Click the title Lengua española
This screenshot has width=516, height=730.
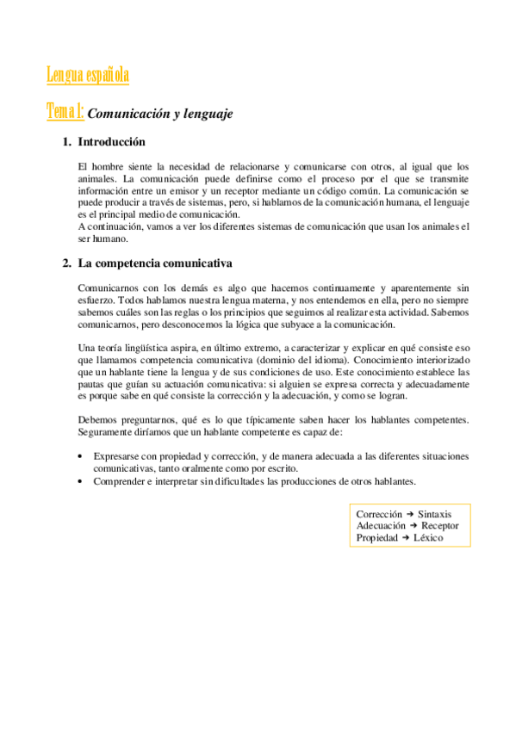coord(87,76)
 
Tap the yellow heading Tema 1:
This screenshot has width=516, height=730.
coord(65,112)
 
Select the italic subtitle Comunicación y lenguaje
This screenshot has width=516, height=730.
coord(161,114)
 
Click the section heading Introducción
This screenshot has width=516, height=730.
coord(111,142)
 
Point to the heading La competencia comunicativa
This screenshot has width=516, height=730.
coord(155,262)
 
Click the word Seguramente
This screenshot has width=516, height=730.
coord(107,430)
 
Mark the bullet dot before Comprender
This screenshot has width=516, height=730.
coord(80,480)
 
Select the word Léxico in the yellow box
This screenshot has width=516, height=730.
coord(427,537)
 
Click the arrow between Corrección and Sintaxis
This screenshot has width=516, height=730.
coord(410,513)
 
